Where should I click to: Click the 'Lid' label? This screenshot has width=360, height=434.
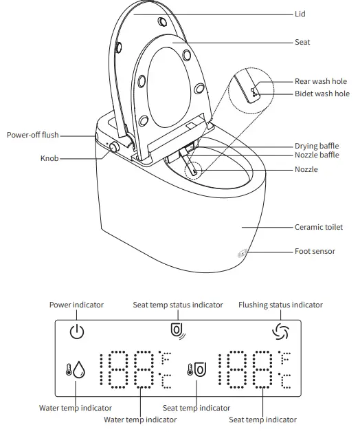point(300,14)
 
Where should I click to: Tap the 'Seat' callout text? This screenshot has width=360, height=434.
point(302,42)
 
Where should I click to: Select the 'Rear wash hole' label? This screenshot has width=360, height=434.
point(321,81)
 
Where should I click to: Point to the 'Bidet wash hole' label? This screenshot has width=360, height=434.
point(322,94)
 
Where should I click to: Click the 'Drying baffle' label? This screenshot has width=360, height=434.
point(317,146)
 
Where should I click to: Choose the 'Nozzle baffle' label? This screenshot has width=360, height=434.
point(317,155)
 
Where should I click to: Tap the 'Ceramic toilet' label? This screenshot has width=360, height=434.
point(319,227)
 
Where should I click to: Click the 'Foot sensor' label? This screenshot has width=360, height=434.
point(315,251)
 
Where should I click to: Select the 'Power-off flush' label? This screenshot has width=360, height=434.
point(33,135)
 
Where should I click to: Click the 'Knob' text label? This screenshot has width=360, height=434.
point(49,158)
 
